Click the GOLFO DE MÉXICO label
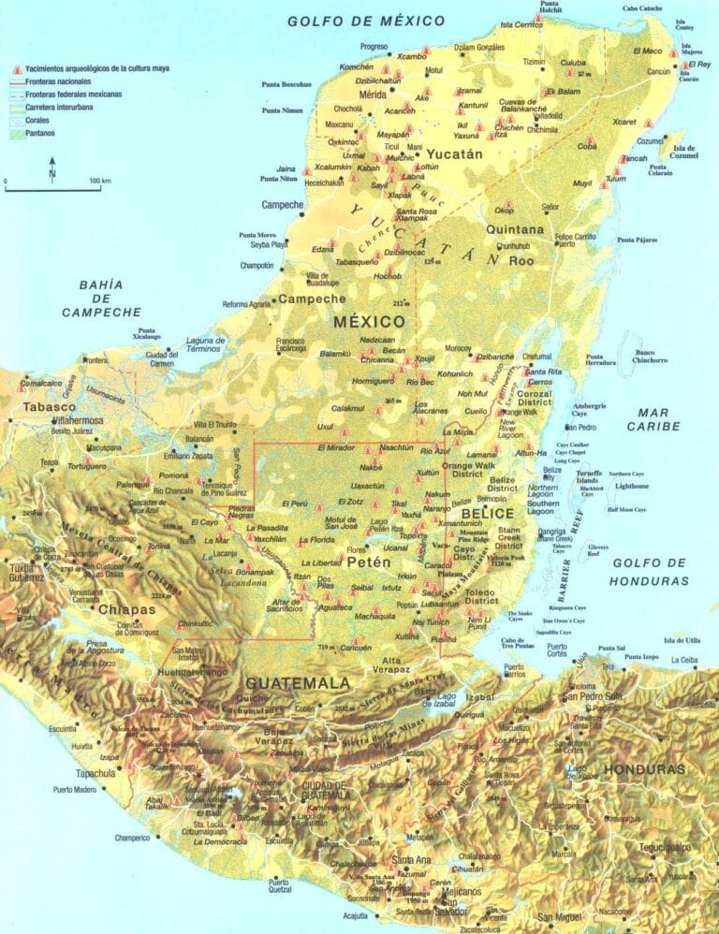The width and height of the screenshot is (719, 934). coord(366,20)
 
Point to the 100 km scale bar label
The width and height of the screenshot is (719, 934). coord(100,179)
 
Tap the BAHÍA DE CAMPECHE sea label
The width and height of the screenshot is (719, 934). coord(101,298)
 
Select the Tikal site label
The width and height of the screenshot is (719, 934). coord(400,503)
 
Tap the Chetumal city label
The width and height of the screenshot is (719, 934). coord(536,357)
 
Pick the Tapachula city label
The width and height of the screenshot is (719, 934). coord(95,773)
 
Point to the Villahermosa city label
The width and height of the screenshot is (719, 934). coord(68,420)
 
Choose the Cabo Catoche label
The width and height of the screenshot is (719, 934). coord(642,8)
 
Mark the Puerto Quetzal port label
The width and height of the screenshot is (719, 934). coord(279,885)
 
